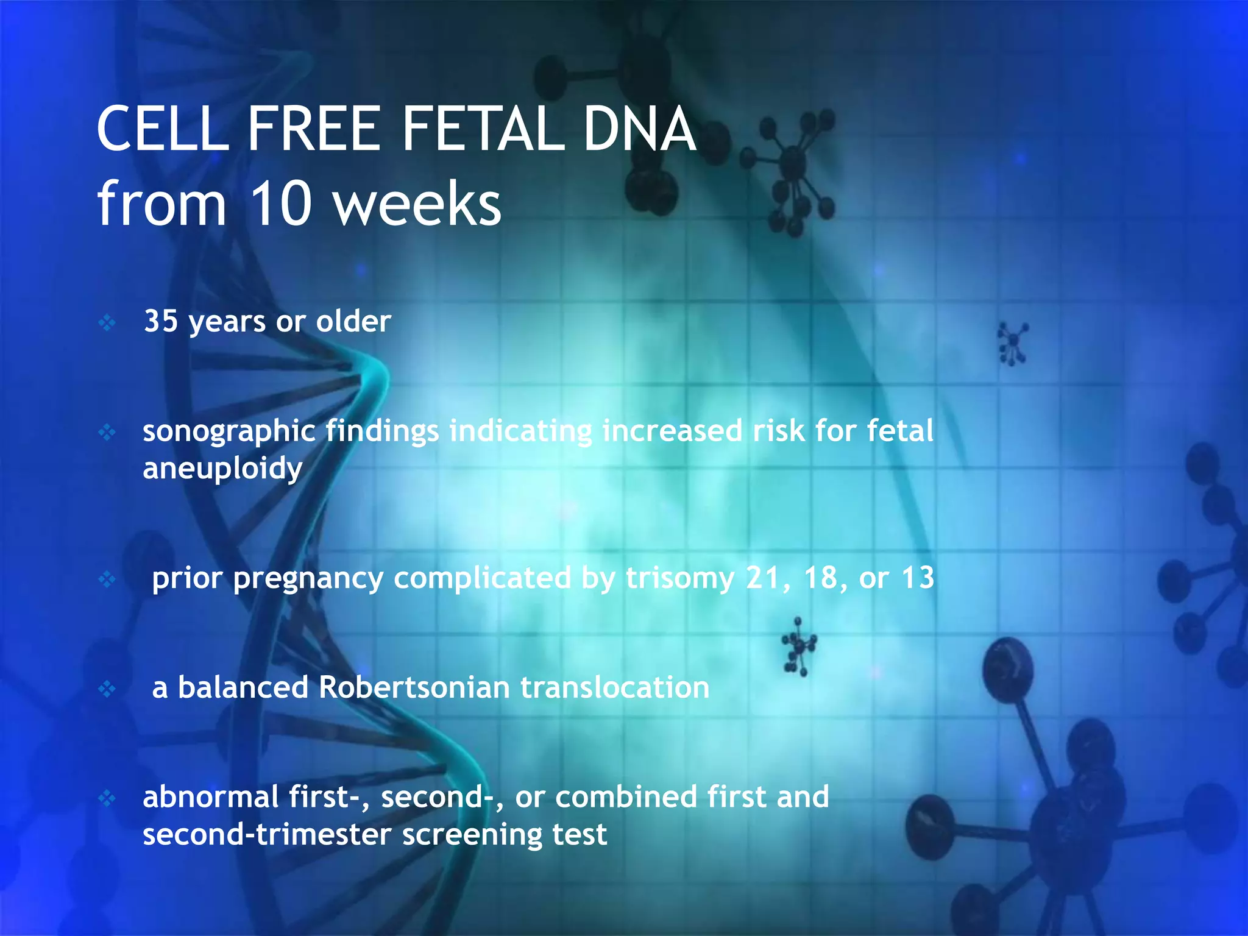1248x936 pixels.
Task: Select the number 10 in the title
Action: pyautogui.click(x=281, y=204)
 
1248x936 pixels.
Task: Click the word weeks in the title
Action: pyautogui.click(x=418, y=204)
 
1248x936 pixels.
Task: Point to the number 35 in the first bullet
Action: pyautogui.click(x=161, y=321)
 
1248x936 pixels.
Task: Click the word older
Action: pyautogui.click(x=353, y=321)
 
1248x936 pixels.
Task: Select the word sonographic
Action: pyautogui.click(x=229, y=431)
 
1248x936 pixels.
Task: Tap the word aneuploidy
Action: pyautogui.click(x=222, y=469)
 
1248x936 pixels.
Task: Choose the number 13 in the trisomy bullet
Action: pyautogui.click(x=918, y=578)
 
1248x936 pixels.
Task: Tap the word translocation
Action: pyautogui.click(x=615, y=687)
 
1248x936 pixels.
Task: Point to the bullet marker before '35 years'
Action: pyautogui.click(x=107, y=322)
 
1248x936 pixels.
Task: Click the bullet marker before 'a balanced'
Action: pyautogui.click(x=107, y=689)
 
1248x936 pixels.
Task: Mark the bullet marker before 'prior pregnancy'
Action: pyautogui.click(x=107, y=579)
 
